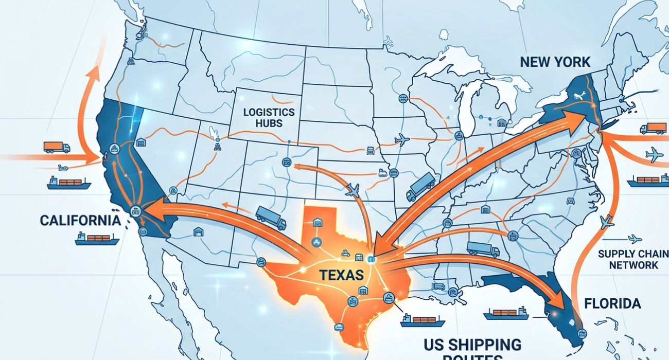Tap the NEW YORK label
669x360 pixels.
[555, 62]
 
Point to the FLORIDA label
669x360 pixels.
[612, 303]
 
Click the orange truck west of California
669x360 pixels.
[57, 147]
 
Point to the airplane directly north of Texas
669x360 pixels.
[353, 190]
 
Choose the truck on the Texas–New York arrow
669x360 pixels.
[420, 187]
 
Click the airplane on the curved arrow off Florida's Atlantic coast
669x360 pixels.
[607, 222]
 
